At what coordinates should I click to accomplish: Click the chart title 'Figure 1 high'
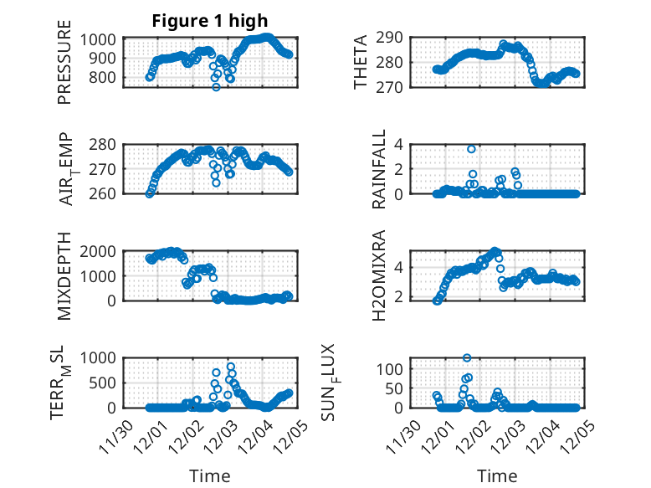tap(210, 21)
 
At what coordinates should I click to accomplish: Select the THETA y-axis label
tap(361, 62)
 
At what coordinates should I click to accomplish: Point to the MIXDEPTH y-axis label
tap(64, 275)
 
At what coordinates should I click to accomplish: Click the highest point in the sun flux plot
tap(467, 358)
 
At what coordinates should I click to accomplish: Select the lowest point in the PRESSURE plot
tap(216, 87)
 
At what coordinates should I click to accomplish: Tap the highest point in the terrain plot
tap(231, 367)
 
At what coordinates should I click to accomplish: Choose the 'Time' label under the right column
tap(497, 475)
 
